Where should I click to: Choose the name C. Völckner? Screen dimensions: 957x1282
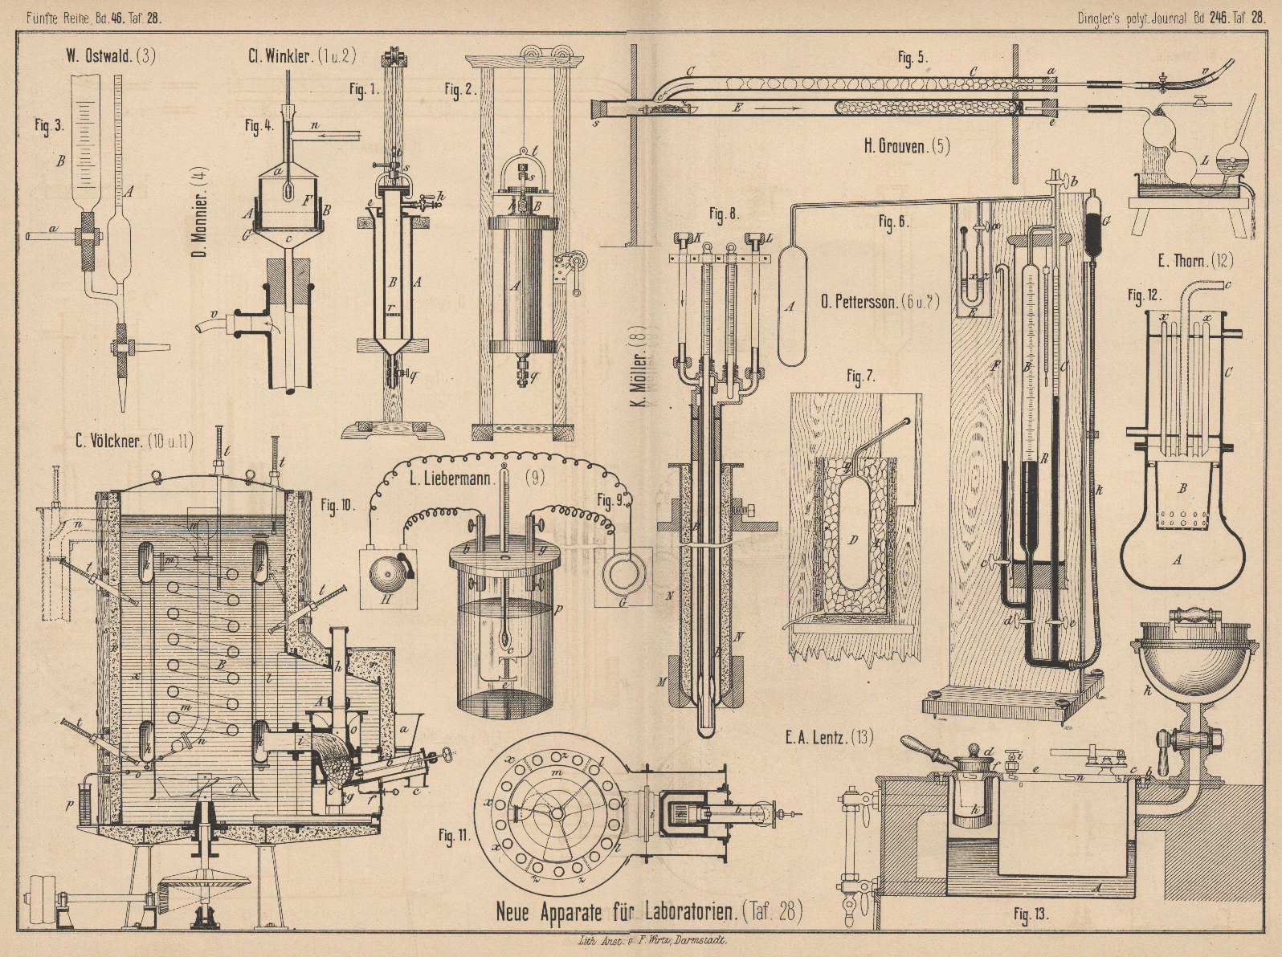coord(114,439)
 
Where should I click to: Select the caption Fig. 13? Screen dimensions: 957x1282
coord(1031,914)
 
